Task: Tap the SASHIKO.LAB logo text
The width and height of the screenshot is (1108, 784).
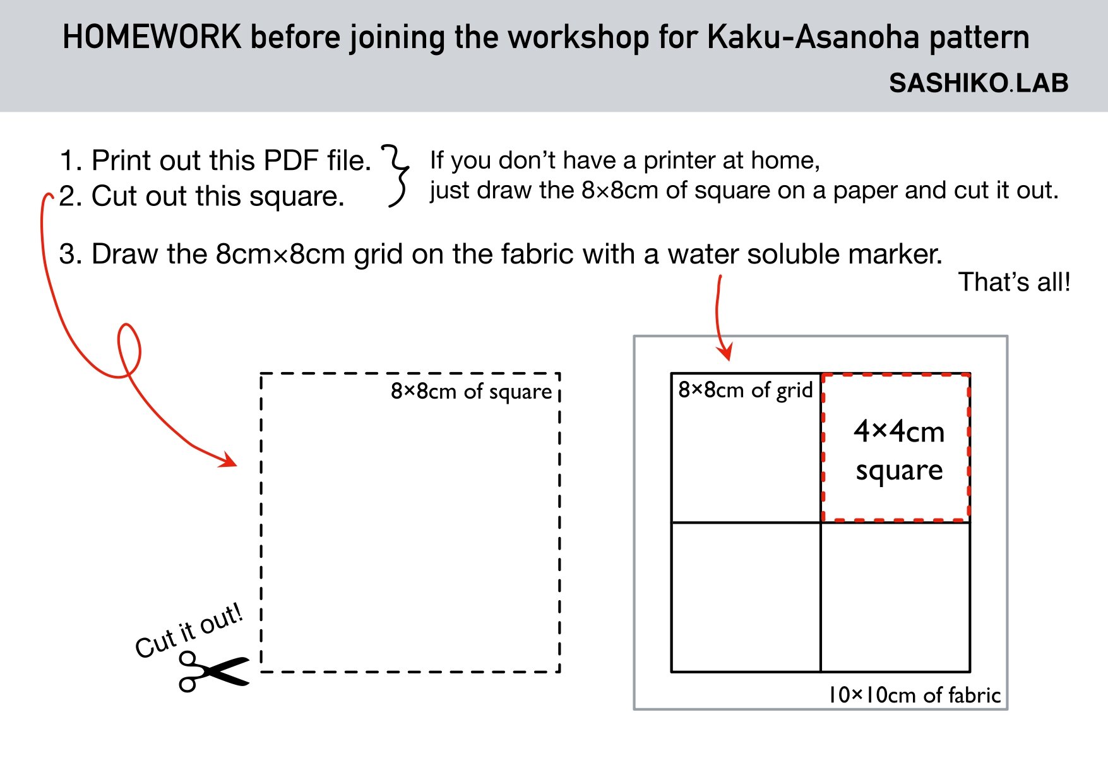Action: point(978,83)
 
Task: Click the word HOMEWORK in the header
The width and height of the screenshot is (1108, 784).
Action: point(152,37)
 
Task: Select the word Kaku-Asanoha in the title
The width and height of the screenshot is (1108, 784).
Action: point(811,37)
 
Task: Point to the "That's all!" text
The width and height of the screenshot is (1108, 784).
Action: point(1014,282)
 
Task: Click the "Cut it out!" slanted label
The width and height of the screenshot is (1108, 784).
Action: point(189,630)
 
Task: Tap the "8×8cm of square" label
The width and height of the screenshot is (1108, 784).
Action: point(471,392)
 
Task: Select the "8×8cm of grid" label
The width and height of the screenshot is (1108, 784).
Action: point(745,390)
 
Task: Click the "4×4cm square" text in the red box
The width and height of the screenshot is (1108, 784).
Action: point(898,450)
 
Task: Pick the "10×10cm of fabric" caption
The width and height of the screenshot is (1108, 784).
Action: point(914,695)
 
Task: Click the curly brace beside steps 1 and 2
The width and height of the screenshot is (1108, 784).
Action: point(396,176)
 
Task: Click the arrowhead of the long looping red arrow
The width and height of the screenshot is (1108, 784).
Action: point(229,461)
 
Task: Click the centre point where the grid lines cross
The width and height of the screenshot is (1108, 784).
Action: point(821,522)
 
